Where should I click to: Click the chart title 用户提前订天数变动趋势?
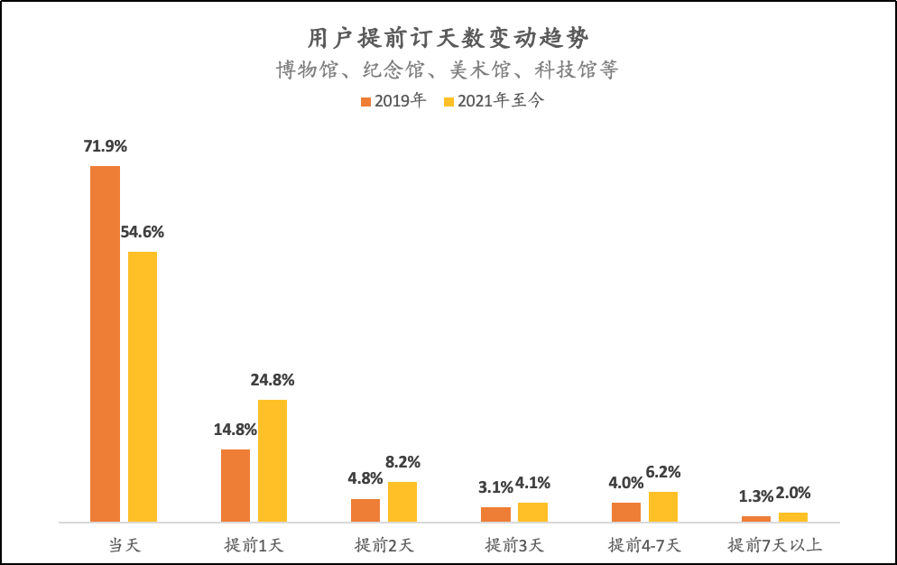point(448,38)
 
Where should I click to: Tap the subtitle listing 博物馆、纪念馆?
point(448,70)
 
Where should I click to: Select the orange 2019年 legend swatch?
point(365,101)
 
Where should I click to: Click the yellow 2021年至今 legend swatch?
point(449,101)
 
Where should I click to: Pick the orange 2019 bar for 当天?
point(105,343)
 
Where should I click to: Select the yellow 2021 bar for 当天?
point(143,386)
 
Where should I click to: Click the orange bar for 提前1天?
point(236,486)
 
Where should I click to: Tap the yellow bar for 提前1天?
point(273,460)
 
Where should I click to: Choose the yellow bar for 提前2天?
point(402,502)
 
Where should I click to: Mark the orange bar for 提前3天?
point(495,514)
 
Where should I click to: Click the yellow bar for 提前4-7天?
point(663,506)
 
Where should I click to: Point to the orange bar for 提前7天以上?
point(756,518)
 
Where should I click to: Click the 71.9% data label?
point(106,145)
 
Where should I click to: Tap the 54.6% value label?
point(143,232)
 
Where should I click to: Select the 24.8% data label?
point(273,380)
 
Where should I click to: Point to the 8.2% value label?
point(402,462)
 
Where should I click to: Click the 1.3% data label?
point(756,496)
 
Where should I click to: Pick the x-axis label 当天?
point(125,545)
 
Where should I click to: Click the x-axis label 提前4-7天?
point(644,545)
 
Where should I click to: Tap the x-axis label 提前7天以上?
point(775,545)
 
